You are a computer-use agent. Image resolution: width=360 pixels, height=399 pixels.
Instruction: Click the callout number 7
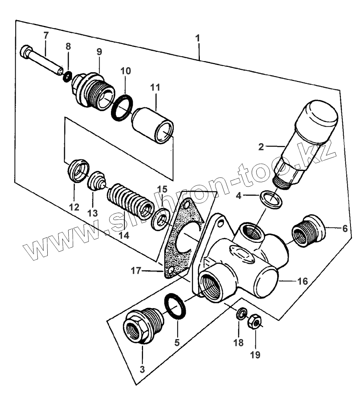pos(46,35)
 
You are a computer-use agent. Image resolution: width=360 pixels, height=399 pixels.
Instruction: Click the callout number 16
pos(302,281)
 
